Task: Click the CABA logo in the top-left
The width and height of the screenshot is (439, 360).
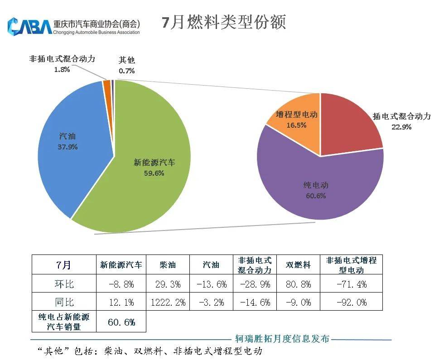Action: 30,26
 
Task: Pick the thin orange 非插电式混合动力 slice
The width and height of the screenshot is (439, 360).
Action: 107,85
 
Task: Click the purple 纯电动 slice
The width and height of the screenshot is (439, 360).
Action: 317,186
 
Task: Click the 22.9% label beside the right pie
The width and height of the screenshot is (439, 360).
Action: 401,127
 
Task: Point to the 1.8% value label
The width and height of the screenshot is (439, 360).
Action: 62,70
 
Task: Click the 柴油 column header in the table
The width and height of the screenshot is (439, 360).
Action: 168,265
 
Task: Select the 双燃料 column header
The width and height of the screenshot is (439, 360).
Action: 299,265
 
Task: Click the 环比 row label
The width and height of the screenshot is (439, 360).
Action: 64,284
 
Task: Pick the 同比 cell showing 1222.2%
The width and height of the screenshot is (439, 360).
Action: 168,302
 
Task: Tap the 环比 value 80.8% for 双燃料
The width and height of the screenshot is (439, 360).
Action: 299,284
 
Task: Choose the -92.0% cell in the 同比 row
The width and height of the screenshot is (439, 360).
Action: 352,302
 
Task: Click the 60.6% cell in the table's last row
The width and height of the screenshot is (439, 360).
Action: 121,322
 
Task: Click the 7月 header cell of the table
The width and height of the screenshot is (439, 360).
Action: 64,265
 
